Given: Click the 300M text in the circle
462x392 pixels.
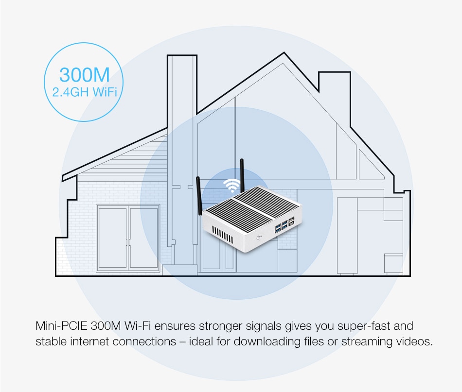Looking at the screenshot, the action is tap(85, 75).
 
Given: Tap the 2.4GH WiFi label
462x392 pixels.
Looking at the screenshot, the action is tap(85, 92).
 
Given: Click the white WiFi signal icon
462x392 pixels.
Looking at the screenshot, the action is tap(231, 185).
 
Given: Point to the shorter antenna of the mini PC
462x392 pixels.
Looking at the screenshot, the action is tap(199, 196).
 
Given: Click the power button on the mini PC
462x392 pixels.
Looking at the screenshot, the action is tap(259, 238).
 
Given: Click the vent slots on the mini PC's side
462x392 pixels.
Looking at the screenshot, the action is tap(222, 235).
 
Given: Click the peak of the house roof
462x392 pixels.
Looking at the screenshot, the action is tap(284, 53).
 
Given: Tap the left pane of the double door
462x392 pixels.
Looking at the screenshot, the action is tap(112, 238).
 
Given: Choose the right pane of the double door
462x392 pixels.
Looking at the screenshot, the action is tap(144, 238).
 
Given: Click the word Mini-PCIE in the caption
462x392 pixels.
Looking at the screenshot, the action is tap(61, 326).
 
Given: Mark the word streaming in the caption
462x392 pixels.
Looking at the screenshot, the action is tap(367, 341).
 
